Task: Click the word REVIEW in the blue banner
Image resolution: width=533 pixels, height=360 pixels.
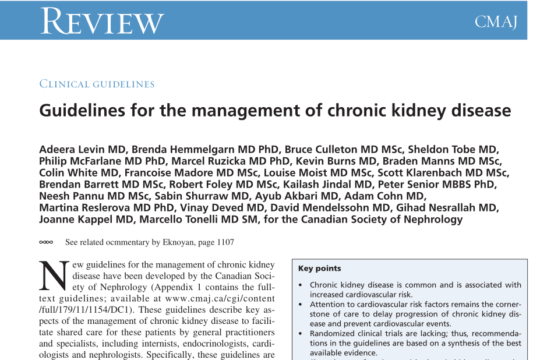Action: click(102, 21)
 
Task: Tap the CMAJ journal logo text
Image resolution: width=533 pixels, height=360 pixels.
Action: click(496, 22)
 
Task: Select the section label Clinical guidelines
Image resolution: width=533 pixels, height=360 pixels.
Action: click(97, 84)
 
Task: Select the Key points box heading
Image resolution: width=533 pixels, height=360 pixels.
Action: click(319, 269)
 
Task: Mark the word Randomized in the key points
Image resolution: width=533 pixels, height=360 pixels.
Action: click(334, 334)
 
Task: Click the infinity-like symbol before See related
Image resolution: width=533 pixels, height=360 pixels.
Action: click(46, 242)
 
